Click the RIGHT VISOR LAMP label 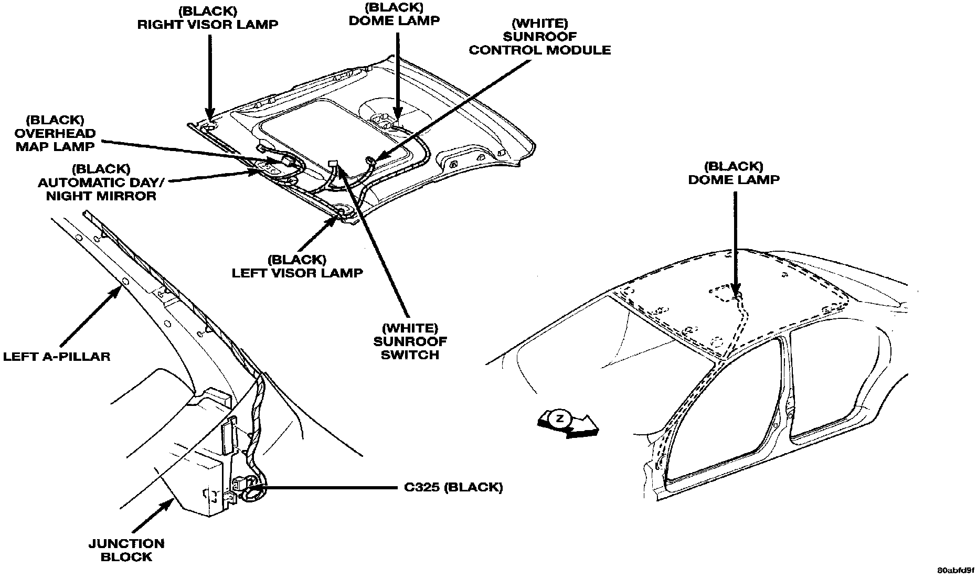pos(208,18)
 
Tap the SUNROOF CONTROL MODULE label pos(539,37)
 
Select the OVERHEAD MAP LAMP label pos(56,134)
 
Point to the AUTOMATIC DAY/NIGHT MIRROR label pos(101,183)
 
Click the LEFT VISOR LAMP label pos(297,266)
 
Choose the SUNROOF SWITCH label pos(410,341)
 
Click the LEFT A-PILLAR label pos(57,357)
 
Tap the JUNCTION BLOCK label pos(126,550)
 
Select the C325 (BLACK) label pos(453,487)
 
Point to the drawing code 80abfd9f pos(954,570)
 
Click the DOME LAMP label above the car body pos(734,173)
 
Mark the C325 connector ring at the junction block pos(251,492)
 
